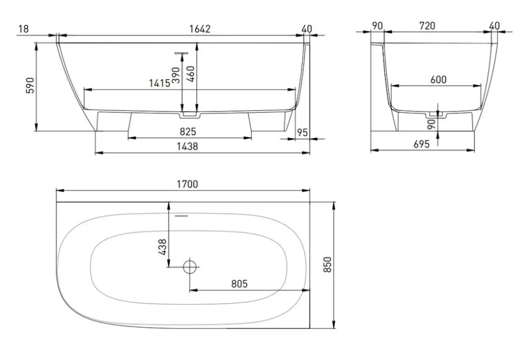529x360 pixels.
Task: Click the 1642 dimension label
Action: point(200,29)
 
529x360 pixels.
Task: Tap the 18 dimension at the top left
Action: point(23,29)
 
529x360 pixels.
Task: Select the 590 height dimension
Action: point(30,85)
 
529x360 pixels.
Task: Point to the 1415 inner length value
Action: point(160,83)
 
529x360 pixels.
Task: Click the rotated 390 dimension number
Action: point(176,76)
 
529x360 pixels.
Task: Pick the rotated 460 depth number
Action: point(190,74)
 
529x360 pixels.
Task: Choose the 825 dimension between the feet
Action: point(187,131)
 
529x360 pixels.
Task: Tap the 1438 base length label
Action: point(187,146)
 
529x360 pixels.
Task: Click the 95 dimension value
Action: point(303,133)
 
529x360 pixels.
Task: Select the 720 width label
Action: point(427,26)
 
